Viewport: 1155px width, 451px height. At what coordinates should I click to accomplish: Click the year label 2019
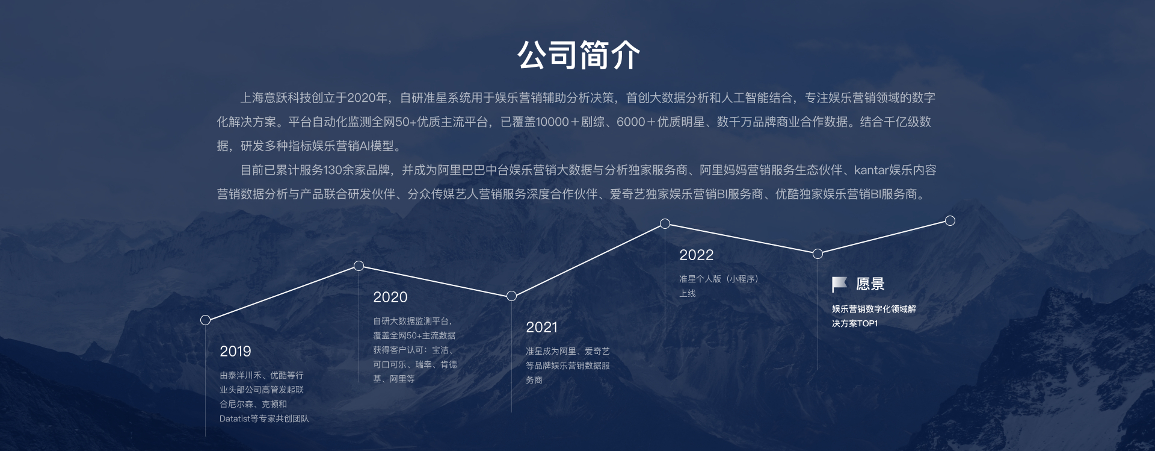(235, 351)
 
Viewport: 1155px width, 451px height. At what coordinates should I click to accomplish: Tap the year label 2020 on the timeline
(390, 297)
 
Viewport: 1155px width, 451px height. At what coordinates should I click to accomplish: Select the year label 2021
(541, 327)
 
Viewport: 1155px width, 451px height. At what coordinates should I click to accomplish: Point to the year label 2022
(696, 255)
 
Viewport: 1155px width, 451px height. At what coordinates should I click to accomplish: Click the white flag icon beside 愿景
(839, 284)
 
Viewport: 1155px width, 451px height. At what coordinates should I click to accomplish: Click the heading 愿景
(870, 284)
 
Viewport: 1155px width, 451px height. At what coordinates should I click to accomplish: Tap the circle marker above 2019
(205, 320)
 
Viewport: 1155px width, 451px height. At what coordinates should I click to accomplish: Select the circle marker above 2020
(359, 266)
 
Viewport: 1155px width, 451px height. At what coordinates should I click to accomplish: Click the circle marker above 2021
(511, 296)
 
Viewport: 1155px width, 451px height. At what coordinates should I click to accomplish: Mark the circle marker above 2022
(665, 223)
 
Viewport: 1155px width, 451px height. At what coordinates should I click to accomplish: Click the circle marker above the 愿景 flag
(818, 253)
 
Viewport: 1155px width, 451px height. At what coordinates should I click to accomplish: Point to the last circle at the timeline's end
(950, 220)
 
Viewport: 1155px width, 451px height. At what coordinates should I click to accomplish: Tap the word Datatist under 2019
(235, 418)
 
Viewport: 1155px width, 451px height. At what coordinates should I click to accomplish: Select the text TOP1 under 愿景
(867, 323)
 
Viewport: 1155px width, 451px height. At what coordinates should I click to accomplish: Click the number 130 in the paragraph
(333, 170)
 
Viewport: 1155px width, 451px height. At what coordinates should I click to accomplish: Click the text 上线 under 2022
(688, 293)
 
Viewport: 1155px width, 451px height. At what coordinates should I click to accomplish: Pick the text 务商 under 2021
(534, 380)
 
